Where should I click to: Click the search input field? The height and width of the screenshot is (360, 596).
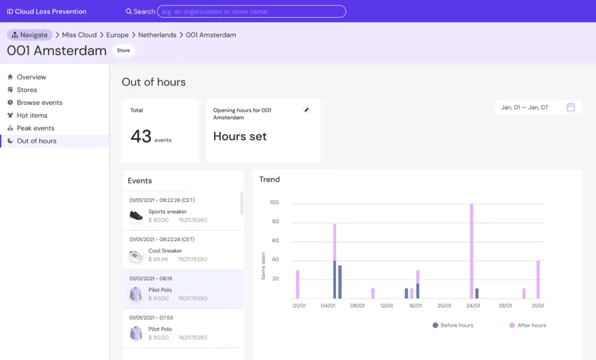point(252,11)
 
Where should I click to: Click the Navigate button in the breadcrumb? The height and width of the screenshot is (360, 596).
point(30,35)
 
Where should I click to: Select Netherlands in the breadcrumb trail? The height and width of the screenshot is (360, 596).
point(157,35)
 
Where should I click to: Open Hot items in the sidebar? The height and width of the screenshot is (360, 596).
point(32,115)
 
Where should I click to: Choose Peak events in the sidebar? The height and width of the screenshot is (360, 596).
point(35,128)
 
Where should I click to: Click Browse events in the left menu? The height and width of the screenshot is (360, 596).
point(39,103)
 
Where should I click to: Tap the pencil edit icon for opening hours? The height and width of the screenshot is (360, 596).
point(306,110)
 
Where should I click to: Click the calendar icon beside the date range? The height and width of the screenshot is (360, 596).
point(570,107)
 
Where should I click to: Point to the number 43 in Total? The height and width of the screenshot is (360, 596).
point(141,136)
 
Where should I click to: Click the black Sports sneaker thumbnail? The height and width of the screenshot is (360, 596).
point(136,216)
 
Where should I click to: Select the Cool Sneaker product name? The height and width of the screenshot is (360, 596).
point(165,251)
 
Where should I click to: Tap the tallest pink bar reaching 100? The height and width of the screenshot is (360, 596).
point(471,251)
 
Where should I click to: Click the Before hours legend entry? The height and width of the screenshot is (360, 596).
point(453,325)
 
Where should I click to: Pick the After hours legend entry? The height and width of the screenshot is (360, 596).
point(527,325)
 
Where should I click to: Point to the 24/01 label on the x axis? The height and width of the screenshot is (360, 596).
point(473,306)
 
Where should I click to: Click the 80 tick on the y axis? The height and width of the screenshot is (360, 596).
point(275,221)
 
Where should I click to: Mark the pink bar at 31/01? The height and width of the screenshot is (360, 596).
point(538,280)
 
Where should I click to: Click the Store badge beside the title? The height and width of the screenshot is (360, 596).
point(123,50)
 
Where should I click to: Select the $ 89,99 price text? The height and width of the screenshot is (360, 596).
point(158,259)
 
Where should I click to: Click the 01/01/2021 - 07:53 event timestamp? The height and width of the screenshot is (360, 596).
point(151,318)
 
